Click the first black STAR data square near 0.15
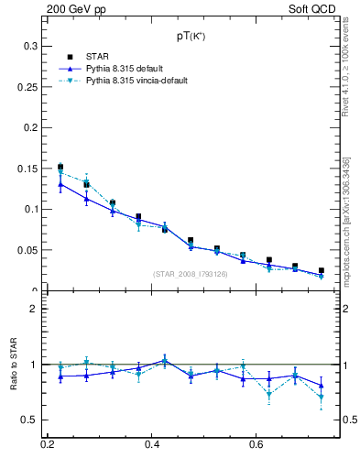tap(60, 167)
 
